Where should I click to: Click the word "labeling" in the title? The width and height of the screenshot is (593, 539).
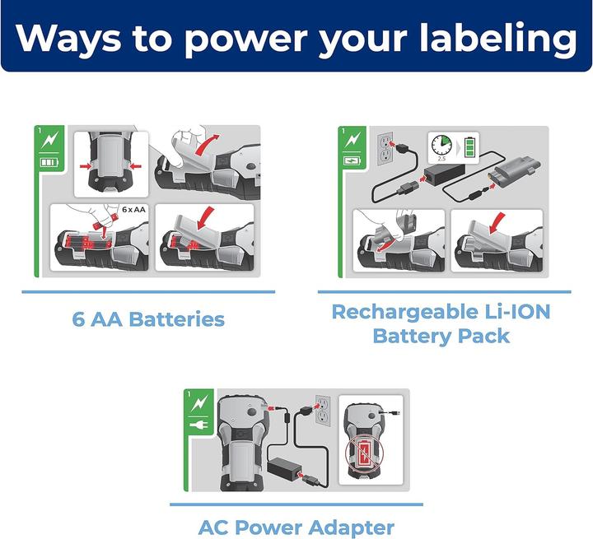[498, 38]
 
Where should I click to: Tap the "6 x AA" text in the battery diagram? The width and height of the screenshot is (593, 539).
[134, 209]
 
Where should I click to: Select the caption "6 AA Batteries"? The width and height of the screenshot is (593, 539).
[148, 319]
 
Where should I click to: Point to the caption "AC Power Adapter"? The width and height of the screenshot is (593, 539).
[296, 527]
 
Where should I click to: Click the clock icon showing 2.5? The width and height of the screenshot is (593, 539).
[441, 146]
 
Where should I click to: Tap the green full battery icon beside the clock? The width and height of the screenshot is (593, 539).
[470, 146]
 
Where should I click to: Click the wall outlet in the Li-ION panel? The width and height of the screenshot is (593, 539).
[385, 149]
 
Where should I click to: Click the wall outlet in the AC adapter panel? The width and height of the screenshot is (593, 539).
[323, 411]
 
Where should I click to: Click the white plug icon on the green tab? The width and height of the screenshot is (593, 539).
[199, 426]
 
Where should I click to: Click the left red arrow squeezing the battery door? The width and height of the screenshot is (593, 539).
[86, 165]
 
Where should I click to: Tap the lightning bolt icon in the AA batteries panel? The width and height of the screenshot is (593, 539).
[49, 140]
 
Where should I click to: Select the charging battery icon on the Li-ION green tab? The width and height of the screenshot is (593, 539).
[352, 161]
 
